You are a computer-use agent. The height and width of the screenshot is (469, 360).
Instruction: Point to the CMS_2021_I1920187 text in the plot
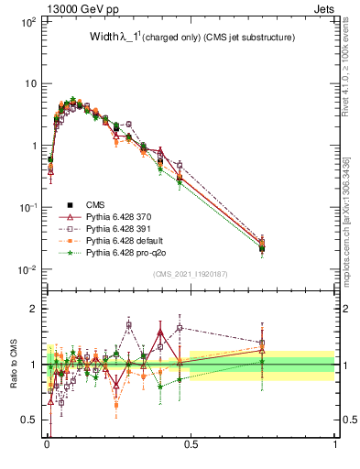pos(190,274)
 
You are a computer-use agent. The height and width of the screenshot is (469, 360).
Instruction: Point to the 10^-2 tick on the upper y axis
pos(27,269)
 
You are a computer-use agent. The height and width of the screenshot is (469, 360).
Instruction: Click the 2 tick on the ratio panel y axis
pos(32,309)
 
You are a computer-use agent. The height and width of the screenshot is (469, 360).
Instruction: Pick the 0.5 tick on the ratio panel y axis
pos(28,420)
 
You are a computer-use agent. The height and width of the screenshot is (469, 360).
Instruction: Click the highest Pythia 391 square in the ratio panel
pos(129,325)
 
